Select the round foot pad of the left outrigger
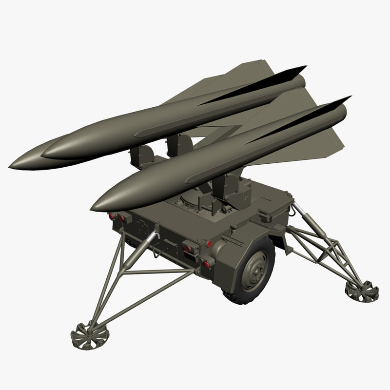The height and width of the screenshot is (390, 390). coord(90,335)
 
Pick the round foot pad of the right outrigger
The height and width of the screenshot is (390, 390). coord(362,291)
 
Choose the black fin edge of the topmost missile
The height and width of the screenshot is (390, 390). coord(273,81)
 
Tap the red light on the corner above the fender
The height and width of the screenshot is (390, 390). coord(209,243)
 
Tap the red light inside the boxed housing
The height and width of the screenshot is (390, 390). coord(187,249)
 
